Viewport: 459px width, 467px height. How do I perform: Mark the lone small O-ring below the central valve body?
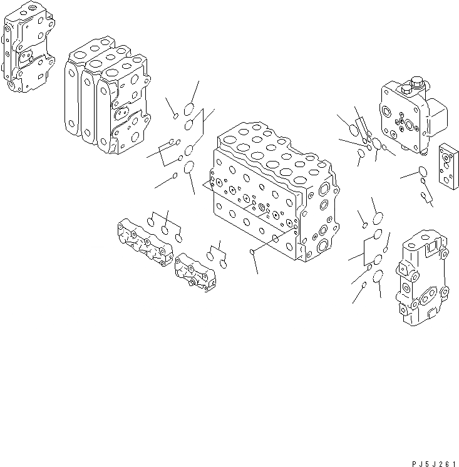tap(252, 252)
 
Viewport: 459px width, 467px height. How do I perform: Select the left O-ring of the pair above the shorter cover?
tap(212, 255)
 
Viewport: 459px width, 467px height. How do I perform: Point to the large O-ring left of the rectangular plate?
tap(421, 172)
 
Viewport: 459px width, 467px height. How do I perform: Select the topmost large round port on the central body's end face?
tap(324, 188)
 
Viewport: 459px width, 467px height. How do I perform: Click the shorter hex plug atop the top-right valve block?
tap(403, 85)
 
